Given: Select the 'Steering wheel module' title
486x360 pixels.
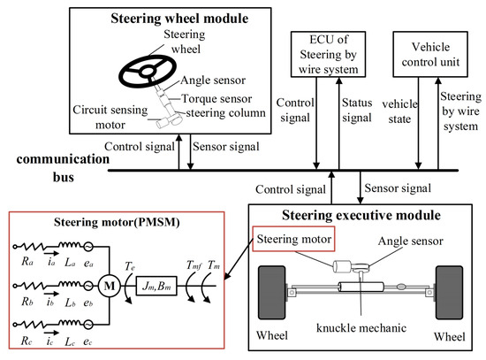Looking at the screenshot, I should pos(167,18).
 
